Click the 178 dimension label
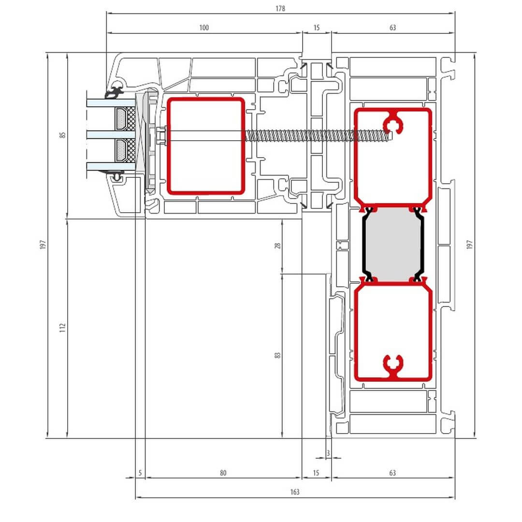280,9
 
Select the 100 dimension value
204,28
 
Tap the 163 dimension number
295,492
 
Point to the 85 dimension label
62,135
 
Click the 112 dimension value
62,328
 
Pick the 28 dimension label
277,246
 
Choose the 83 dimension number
277,355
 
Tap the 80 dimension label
223,473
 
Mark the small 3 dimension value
328,453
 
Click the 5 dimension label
140,473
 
